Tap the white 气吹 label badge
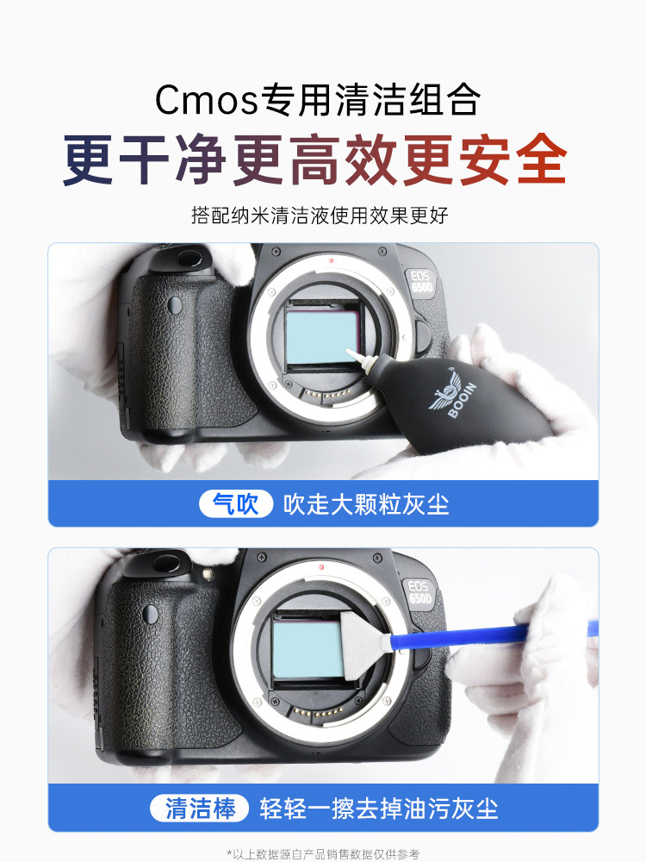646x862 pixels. pyautogui.click(x=235, y=503)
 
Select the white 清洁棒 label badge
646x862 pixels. pyautogui.click(x=201, y=809)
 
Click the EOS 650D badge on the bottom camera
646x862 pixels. pyautogui.click(x=419, y=590)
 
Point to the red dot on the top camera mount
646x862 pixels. pyautogui.click(x=331, y=259)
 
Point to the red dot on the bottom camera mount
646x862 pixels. pyautogui.click(x=320, y=566)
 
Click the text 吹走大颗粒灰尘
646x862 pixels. pyautogui.click(x=367, y=503)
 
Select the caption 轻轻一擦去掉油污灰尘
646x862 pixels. pyautogui.click(x=379, y=809)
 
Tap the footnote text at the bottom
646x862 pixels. pyautogui.click(x=323, y=853)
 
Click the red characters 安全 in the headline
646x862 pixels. pyautogui.click(x=517, y=159)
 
